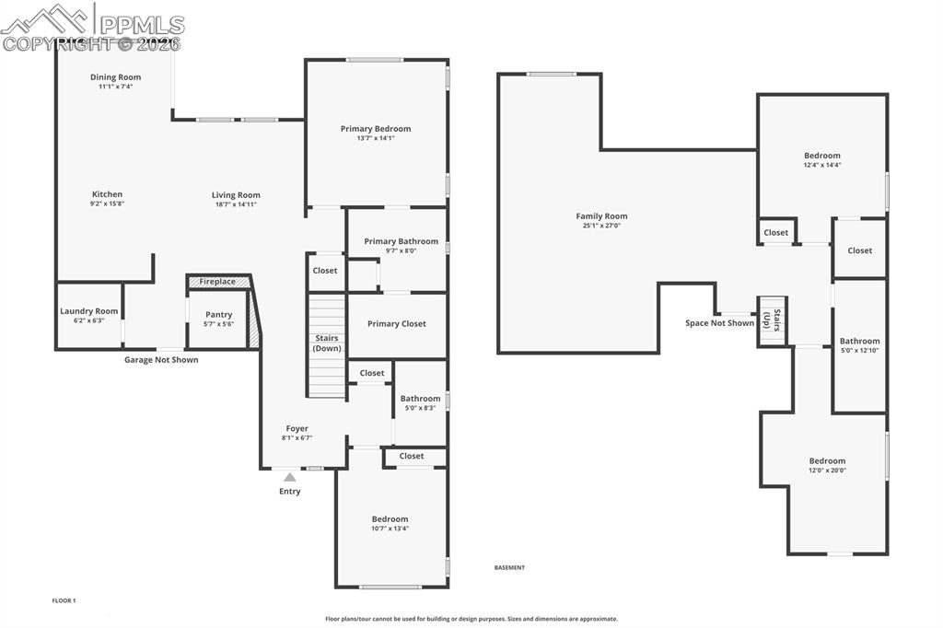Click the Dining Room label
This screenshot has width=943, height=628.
[x=115, y=77]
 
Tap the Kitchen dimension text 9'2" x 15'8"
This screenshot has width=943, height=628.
[x=107, y=204]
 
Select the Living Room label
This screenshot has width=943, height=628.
[x=236, y=195]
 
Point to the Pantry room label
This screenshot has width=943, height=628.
[x=218, y=315]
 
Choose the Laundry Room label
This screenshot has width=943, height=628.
[x=89, y=311]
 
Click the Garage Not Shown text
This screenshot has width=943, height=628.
[x=161, y=360]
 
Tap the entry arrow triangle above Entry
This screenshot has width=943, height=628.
[x=290, y=477]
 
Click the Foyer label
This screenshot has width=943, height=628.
[x=297, y=428]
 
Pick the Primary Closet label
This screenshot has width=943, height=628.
[x=396, y=324]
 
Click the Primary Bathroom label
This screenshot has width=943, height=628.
[x=401, y=241]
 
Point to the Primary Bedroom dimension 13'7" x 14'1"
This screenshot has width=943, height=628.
[x=376, y=138]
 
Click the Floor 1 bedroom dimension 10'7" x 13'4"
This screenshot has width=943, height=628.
[x=390, y=529]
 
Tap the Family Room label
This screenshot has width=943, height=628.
[x=601, y=216]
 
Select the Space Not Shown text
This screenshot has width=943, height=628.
[x=719, y=323]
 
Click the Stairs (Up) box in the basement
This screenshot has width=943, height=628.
[x=773, y=321]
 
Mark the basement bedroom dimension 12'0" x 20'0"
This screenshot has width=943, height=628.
[x=827, y=471]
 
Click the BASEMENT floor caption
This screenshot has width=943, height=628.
[x=509, y=568]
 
